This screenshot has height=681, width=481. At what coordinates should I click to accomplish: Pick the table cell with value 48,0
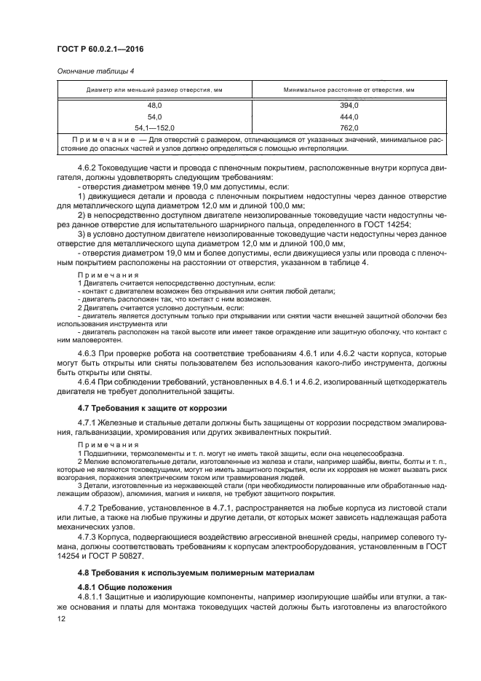[154, 106]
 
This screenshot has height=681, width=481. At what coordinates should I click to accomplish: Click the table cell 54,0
[154, 117]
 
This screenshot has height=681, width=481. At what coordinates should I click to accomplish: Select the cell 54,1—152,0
[154, 127]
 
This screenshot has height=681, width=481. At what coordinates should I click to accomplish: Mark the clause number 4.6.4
[87, 382]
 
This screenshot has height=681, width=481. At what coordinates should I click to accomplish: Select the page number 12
[61, 618]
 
